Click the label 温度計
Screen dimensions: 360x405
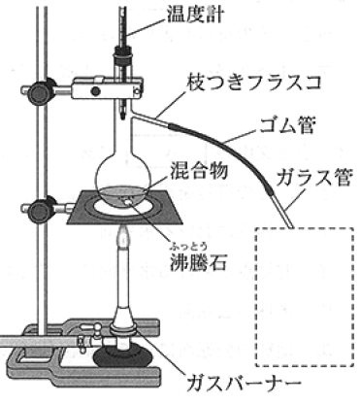point(195,14)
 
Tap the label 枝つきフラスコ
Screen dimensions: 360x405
point(253,83)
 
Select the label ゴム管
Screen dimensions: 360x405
point(286,124)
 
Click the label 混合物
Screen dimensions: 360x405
point(199,170)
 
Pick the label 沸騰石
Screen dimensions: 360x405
point(198,261)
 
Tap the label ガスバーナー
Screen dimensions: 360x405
point(244,384)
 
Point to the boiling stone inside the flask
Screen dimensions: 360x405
point(128,202)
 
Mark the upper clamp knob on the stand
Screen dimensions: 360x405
point(38,89)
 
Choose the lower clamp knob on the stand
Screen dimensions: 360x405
point(39,209)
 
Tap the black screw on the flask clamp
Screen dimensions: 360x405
point(95,91)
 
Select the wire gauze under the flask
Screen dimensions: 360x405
point(124,207)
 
